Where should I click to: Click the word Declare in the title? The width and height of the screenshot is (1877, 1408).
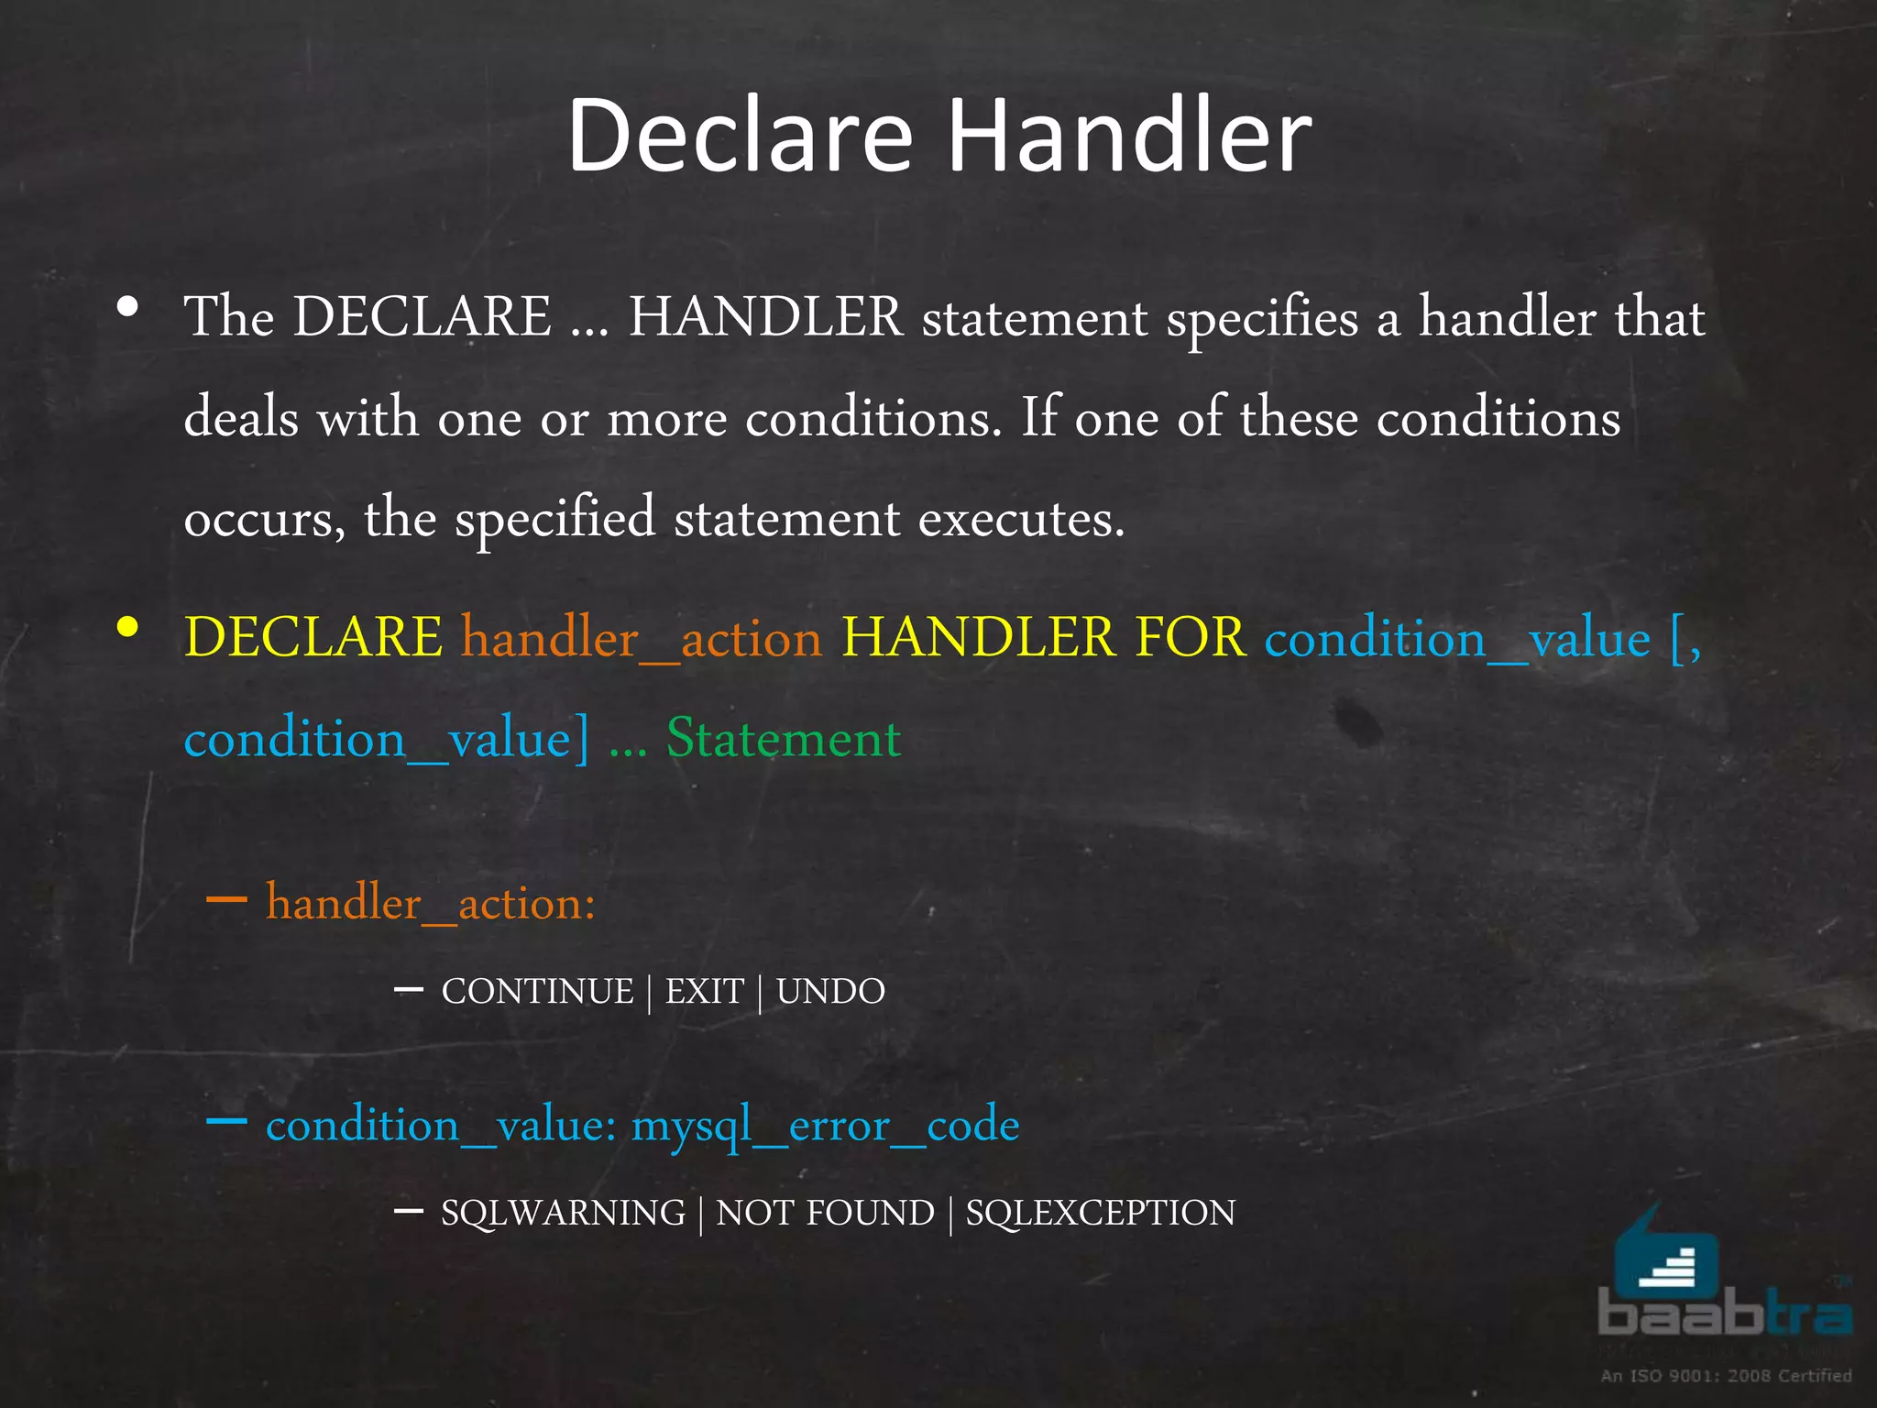[741, 136]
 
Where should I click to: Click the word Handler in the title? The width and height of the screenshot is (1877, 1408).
[1129, 136]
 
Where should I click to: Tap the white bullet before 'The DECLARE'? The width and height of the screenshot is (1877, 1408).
[128, 308]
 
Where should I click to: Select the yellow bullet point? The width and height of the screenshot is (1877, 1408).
[128, 628]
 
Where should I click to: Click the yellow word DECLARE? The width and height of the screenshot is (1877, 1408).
[313, 637]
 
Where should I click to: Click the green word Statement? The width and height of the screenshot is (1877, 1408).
[784, 738]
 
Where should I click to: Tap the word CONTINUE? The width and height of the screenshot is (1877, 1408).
[537, 992]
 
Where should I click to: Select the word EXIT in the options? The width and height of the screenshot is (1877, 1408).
[704, 992]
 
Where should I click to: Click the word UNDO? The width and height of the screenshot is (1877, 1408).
[830, 992]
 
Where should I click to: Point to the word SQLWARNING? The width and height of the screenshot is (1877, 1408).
[563, 1214]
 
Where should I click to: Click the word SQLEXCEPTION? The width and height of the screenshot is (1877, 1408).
[1100, 1214]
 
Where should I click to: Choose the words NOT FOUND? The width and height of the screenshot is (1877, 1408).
[825, 1214]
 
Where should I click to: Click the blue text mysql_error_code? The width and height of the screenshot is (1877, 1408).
[825, 1126]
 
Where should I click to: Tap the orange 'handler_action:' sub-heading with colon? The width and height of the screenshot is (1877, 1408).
[431, 904]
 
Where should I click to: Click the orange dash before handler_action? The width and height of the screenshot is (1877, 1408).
[226, 899]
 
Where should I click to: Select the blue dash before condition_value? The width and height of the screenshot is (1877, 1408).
[226, 1121]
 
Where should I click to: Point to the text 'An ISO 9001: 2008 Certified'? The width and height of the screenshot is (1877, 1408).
[1726, 1376]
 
